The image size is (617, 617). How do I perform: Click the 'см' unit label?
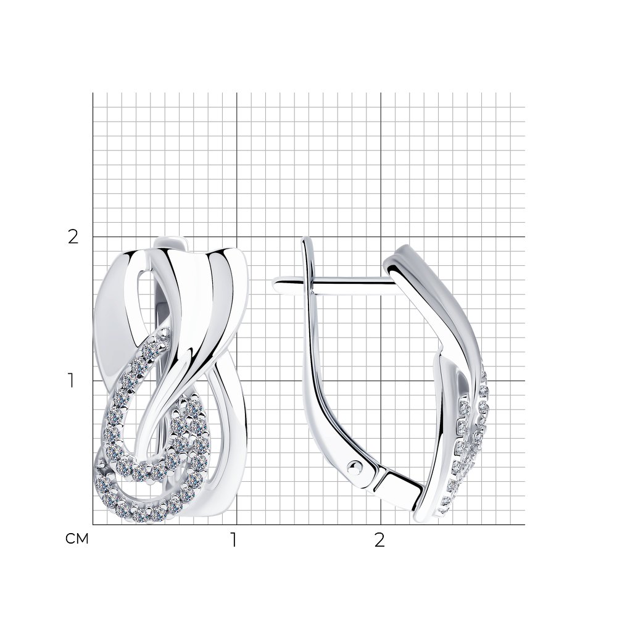point(77,539)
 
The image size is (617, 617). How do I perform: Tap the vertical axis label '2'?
point(73,237)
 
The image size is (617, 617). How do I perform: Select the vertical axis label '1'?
point(71,381)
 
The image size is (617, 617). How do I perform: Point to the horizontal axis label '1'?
point(234,540)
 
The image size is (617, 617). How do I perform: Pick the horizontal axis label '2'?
point(379,540)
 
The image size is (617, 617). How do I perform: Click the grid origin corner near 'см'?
point(93,524)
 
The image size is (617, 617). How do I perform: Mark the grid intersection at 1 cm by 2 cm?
point(236,237)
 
